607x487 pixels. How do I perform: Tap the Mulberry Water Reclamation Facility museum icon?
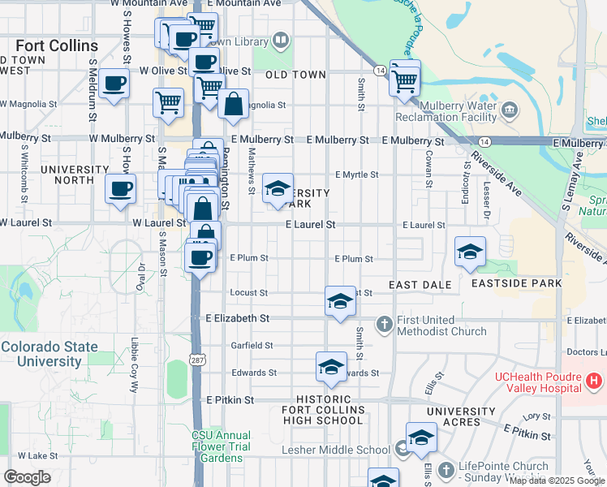coord(510,109)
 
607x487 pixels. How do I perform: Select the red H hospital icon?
coord(594,380)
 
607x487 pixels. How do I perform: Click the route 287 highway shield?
coord(196,359)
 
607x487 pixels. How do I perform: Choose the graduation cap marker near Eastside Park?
coord(470,252)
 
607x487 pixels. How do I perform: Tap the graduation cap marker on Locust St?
coord(340,302)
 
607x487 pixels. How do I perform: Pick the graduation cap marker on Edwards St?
coord(330,368)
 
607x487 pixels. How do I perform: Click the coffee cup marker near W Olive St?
coord(115,83)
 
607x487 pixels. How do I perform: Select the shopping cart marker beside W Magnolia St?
coord(168,103)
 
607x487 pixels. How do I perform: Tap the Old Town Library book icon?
coord(280,39)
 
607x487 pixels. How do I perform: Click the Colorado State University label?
coord(49,353)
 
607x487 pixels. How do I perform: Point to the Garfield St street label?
coord(250,345)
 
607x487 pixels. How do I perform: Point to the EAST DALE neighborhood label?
coord(419,285)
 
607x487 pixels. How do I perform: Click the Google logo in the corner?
coord(28,477)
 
